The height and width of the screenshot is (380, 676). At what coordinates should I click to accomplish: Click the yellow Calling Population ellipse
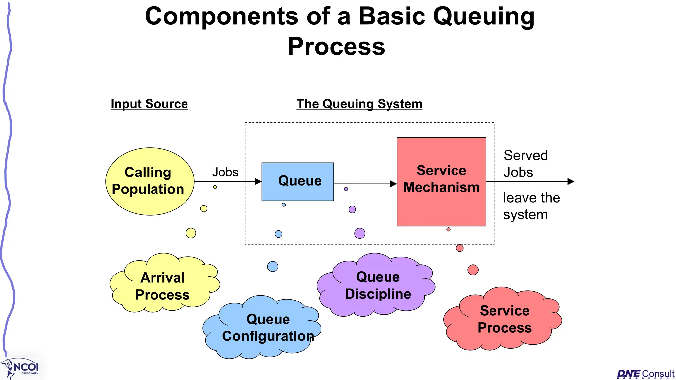pos(150,181)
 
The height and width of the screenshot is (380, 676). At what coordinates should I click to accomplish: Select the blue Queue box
pos(297,181)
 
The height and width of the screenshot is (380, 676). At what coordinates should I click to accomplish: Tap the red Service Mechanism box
pos(441,181)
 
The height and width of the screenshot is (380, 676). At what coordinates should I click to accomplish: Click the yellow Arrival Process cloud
pos(163,286)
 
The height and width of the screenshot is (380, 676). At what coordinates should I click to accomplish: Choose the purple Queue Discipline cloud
pos(377,285)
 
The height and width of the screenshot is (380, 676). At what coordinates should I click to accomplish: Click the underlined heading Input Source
pos(149,104)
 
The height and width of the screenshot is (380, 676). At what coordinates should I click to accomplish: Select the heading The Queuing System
pos(359,104)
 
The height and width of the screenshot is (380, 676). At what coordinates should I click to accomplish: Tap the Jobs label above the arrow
pos(225,172)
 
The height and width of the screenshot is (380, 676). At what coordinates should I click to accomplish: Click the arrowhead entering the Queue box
pos(258,181)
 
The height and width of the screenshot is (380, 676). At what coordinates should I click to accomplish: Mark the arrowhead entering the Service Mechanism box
pos(393,184)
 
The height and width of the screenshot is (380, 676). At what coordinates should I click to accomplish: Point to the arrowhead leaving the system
pos(571,181)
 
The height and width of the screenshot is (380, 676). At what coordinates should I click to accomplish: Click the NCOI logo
pos(22,368)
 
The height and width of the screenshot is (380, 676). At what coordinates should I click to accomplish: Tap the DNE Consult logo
pos(645,374)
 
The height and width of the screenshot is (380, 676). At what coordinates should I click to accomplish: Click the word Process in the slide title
pos(336,47)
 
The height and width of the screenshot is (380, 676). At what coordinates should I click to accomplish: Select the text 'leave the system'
pos(531,206)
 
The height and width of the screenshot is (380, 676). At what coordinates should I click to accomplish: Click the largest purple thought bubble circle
pos(359,233)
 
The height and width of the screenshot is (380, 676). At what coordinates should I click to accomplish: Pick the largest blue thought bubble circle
pos(273,266)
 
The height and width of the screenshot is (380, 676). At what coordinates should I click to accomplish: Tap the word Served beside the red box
pos(525,155)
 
